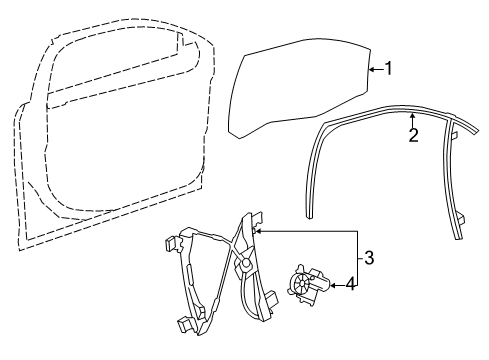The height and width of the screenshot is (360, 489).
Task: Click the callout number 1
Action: point(391,69)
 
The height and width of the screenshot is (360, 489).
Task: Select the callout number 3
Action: point(369,258)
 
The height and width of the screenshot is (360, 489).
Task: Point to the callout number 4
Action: point(349,284)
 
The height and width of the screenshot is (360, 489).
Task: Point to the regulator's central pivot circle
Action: point(244,265)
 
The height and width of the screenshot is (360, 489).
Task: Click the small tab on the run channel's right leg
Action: point(452,132)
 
